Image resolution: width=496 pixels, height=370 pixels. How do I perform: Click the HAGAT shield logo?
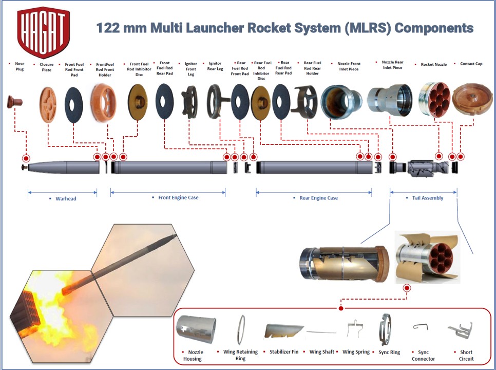44,32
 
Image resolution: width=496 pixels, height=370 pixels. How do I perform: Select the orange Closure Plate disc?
48,104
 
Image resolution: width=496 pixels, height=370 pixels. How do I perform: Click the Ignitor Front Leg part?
190,102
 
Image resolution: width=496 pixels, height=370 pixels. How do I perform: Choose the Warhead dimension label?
65,198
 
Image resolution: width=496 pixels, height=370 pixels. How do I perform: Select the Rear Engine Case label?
318,198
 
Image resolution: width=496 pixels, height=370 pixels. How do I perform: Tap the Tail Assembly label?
428,198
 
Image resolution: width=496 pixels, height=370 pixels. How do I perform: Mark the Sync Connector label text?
423,356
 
